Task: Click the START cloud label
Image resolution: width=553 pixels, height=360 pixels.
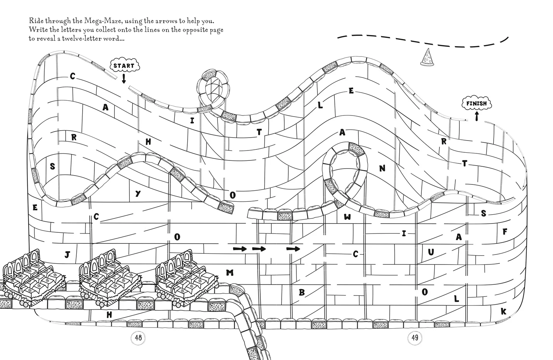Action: [125, 66]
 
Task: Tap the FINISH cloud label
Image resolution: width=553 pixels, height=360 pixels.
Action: [476, 104]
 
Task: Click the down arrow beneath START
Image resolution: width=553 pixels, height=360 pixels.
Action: [124, 79]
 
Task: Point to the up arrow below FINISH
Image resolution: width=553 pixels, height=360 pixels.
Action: [477, 116]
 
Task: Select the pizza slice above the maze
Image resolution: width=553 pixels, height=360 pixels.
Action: [427, 58]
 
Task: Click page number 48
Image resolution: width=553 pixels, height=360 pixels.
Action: [138, 337]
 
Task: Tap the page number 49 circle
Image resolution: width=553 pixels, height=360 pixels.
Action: [415, 337]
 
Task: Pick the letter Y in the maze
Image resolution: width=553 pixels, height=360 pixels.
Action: [138, 194]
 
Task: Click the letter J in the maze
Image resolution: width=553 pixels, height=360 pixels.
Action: [67, 255]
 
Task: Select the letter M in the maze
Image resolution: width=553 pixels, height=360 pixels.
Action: [230, 273]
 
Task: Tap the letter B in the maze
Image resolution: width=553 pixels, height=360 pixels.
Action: [302, 292]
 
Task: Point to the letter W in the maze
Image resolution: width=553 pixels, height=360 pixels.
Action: [347, 217]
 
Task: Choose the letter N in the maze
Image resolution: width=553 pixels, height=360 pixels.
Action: [382, 169]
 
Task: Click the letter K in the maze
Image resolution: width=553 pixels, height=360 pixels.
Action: [504, 312]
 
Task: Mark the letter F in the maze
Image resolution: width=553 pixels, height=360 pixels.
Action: [505, 232]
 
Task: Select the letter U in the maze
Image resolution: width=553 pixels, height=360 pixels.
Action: [431, 252]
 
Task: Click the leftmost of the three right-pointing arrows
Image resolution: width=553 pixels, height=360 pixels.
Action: [240, 249]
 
